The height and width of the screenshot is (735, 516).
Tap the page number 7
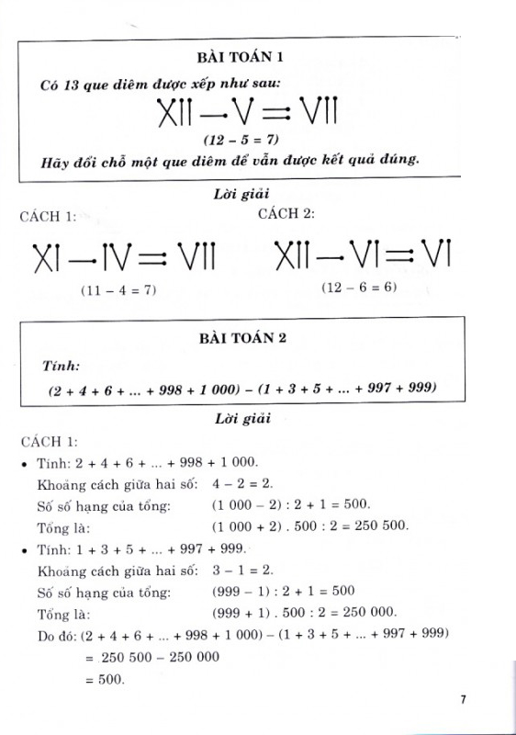[465, 701]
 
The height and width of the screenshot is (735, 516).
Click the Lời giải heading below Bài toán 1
[241, 194]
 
